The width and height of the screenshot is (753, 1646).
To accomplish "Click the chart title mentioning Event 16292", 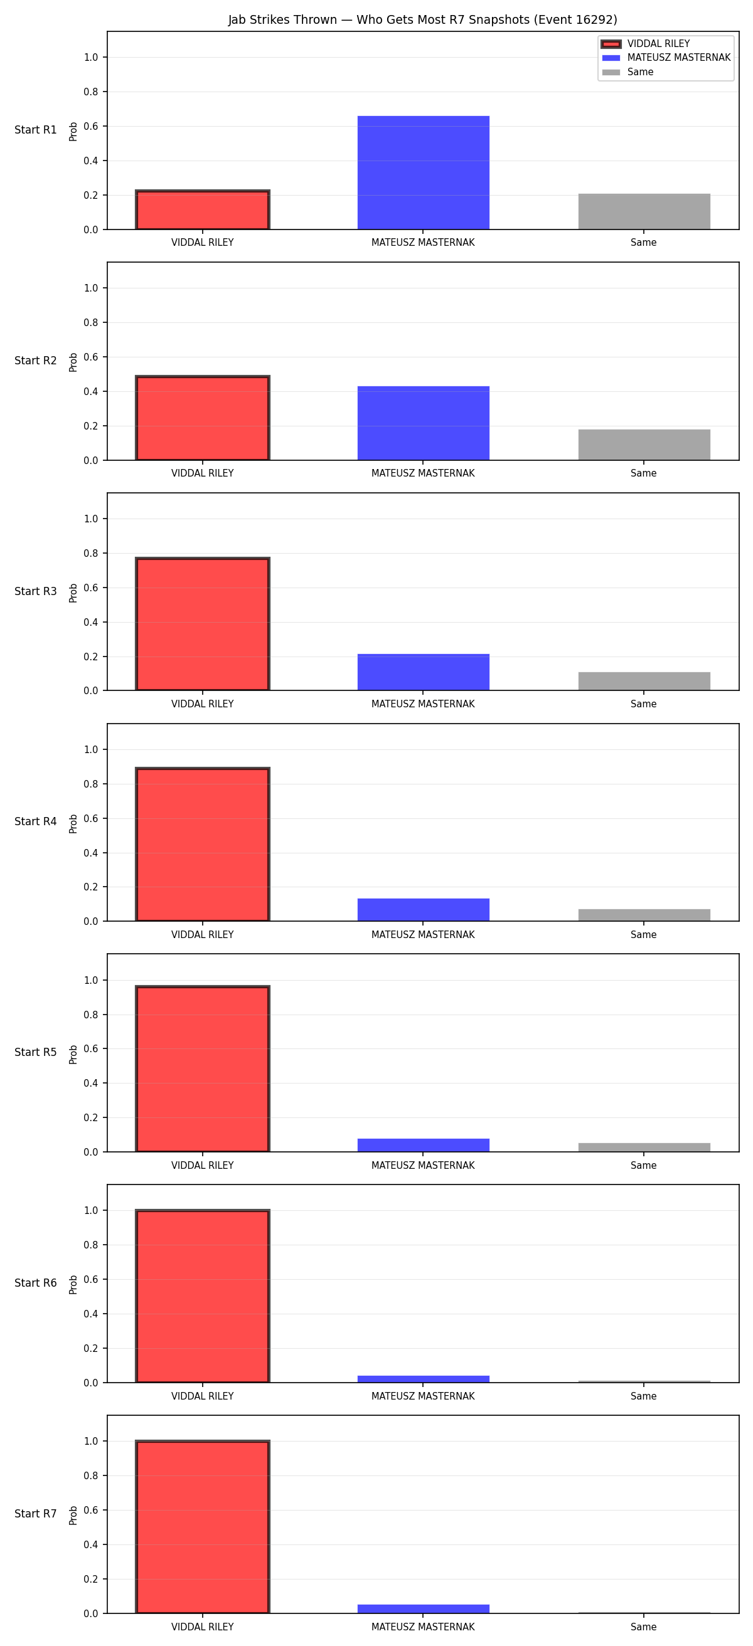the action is coord(422,20).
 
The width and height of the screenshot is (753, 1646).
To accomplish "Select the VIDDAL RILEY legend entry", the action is coord(646,44).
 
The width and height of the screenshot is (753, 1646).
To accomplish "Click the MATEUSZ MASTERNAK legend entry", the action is coord(666,58).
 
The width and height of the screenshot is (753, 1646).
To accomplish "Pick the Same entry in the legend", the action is coord(627,72).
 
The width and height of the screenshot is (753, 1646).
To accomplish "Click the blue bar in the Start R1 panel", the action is coord(423,172).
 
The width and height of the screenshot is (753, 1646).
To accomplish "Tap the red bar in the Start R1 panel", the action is coord(203,209).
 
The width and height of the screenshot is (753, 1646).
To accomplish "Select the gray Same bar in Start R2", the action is coord(644,445).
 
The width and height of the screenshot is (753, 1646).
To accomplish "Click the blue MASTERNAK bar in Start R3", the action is coord(423,672).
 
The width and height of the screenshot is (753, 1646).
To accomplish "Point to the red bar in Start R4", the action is coord(203,844).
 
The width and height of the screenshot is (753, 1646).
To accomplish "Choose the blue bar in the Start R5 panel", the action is coord(423,1146).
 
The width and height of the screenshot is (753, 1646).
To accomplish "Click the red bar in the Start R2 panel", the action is coord(203,418).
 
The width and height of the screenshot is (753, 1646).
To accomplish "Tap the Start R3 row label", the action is coord(36,592).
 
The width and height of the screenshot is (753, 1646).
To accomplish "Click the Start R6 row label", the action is coord(36,1283).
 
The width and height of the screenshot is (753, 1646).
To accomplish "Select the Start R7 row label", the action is coord(36,1514).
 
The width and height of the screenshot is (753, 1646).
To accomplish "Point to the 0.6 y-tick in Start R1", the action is coord(91,127).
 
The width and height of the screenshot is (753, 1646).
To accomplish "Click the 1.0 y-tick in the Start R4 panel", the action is coord(91,749).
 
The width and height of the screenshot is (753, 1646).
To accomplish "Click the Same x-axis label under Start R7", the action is coord(644,1627).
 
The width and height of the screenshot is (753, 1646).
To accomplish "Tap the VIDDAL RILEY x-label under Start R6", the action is coord(203,1396).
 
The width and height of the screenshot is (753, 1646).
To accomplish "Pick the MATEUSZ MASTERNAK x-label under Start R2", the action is coord(423,473).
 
